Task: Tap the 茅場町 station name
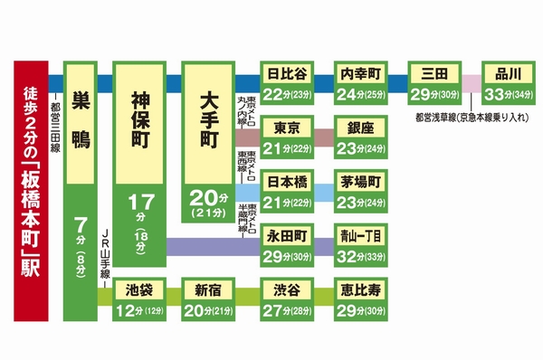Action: tap(360, 181)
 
